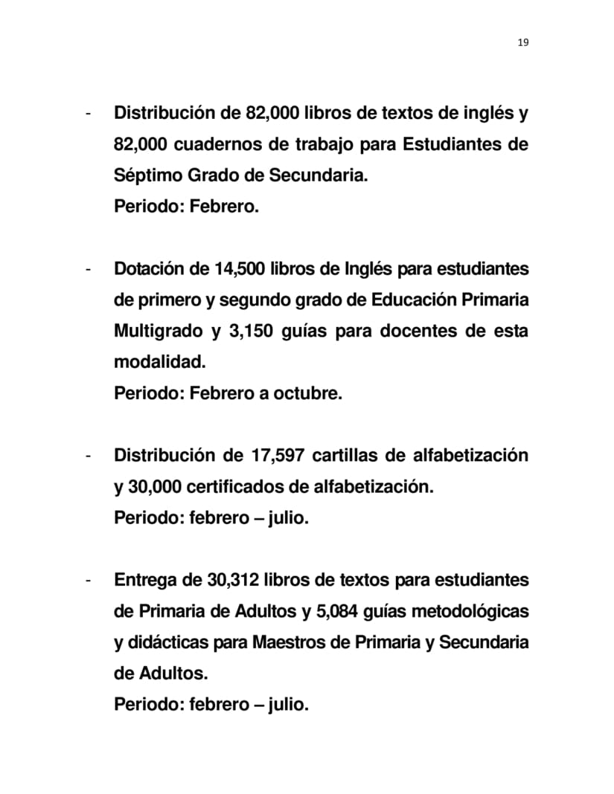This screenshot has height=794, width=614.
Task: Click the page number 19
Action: point(522,42)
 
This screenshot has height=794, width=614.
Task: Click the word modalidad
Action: point(159,362)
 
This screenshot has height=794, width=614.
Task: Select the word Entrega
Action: point(146,579)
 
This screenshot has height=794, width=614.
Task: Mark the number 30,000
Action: point(154,486)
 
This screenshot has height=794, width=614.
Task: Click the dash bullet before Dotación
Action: point(89,268)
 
